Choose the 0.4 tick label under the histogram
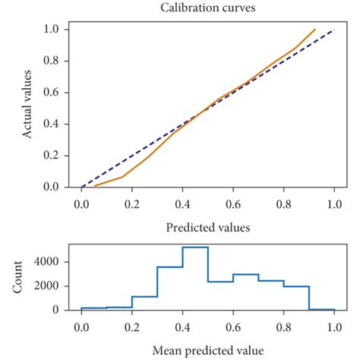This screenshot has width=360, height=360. tap(182, 328)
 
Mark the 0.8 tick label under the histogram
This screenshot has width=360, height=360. tap(283, 328)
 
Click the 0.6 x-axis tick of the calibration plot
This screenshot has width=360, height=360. tap(232, 204)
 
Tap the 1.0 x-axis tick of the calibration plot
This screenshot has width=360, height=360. tap(333, 204)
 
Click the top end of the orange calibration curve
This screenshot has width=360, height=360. tap(314, 30)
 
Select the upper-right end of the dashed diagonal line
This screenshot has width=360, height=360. tap(333, 30)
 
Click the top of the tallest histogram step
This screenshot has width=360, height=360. tap(195, 248)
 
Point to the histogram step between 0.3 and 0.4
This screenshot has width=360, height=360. tap(169, 267)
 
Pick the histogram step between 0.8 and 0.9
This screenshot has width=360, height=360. tap(296, 286)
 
